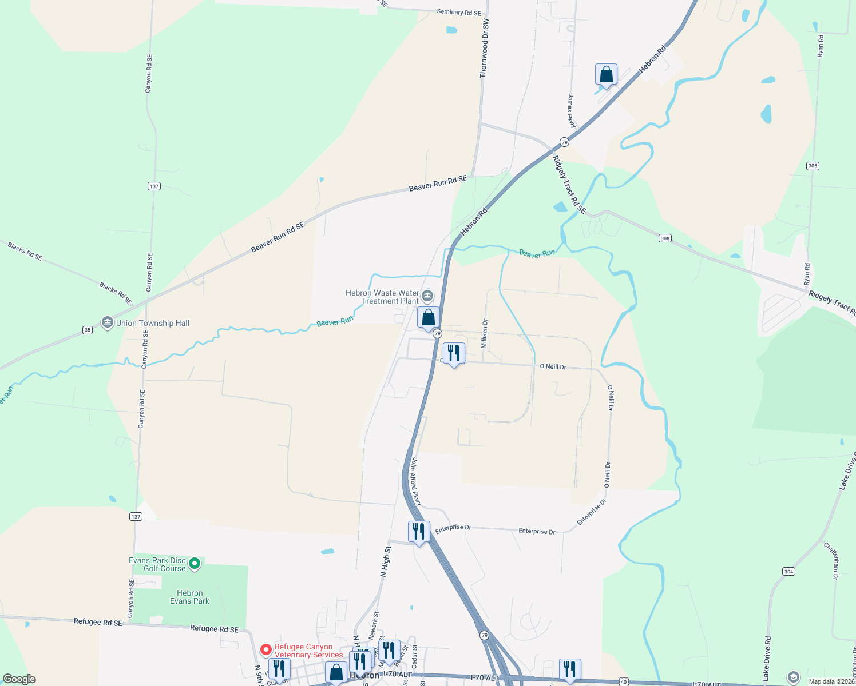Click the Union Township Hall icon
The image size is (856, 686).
pyautogui.click(x=107, y=323)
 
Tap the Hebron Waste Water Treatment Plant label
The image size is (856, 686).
pyautogui.click(x=382, y=297)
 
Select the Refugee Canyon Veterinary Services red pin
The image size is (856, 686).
pyautogui.click(x=265, y=650)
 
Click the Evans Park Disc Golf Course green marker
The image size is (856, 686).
pyautogui.click(x=195, y=564)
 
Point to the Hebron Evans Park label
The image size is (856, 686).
pyautogui.click(x=189, y=597)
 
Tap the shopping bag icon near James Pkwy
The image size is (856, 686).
pyautogui.click(x=606, y=75)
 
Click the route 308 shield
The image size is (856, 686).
pyautogui.click(x=664, y=238)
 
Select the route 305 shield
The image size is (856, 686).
pyautogui.click(x=813, y=166)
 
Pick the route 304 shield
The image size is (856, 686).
pyautogui.click(x=788, y=572)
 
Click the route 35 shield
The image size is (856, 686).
pyautogui.click(x=87, y=330)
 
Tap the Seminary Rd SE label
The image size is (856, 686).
pyautogui.click(x=458, y=12)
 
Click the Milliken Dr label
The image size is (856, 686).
pyautogui.click(x=485, y=334)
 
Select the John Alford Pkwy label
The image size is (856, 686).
pyautogui.click(x=416, y=482)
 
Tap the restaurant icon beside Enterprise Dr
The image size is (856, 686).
pyautogui.click(x=419, y=532)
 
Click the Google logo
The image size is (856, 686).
pyautogui.click(x=19, y=679)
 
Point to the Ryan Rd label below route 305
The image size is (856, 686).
pyautogui.click(x=807, y=274)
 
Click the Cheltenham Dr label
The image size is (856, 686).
pyautogui.click(x=831, y=561)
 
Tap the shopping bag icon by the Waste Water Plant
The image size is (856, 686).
pyautogui.click(x=428, y=318)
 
